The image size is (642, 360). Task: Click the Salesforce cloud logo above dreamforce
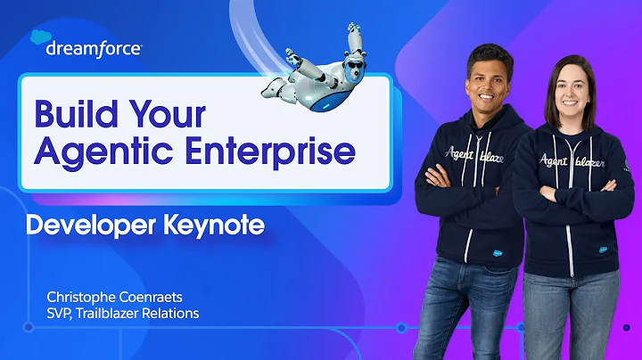[40, 37]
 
